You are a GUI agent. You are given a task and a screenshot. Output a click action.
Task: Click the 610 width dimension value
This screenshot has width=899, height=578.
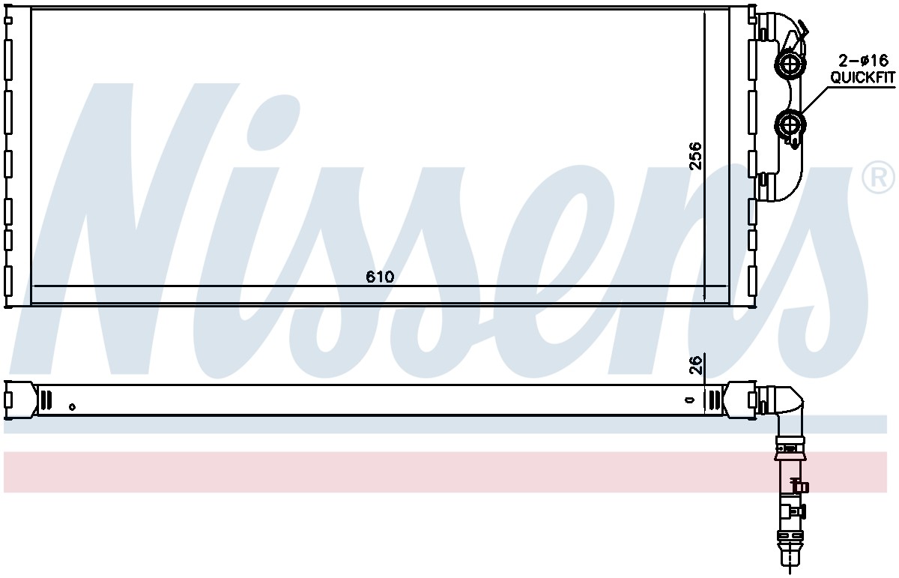pos(380,277)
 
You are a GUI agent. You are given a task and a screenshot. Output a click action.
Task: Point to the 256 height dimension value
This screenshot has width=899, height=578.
pos(695,156)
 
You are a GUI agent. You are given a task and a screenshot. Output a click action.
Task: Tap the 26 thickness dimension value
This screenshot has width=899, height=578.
pos(696,365)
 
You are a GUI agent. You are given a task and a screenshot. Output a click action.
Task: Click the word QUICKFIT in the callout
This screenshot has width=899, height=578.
pos(862,77)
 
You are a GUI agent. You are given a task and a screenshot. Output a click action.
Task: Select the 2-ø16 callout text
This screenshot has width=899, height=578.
pos(863,61)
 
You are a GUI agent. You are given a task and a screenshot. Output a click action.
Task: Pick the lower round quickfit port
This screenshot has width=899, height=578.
pos(790,125)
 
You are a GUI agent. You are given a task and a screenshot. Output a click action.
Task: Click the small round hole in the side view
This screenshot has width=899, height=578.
pos(72,407)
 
